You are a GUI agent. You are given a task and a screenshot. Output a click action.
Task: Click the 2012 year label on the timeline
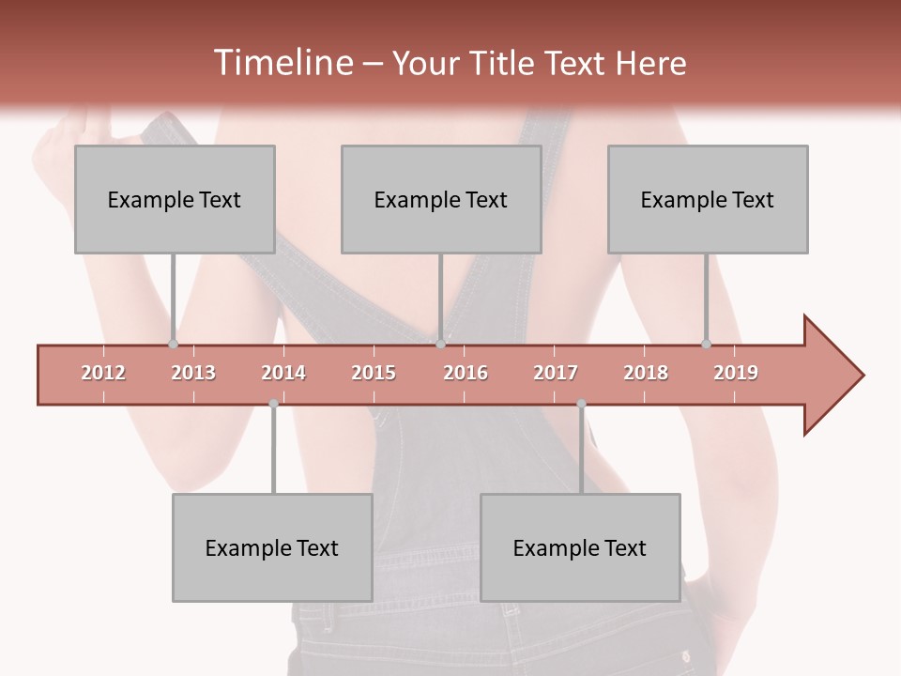coord(103,373)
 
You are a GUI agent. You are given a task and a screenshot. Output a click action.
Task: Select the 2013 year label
coord(193,373)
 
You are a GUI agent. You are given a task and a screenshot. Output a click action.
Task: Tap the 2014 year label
coord(283,373)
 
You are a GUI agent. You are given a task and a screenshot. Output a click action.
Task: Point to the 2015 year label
coord(374,373)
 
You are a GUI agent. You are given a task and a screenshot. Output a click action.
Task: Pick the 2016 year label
coord(466,373)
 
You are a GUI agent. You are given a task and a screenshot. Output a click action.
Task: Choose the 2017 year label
coord(556,373)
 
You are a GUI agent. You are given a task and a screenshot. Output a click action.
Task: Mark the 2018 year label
coord(646,373)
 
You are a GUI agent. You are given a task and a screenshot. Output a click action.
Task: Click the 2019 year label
coord(736,373)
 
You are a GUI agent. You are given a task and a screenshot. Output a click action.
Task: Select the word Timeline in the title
coord(282,63)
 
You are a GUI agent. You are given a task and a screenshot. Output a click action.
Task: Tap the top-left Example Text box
coord(175,199)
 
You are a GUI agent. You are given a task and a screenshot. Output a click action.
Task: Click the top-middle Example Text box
coord(441,199)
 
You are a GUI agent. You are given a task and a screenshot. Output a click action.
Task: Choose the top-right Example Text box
coord(708,199)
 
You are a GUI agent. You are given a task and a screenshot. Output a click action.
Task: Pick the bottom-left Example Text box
coord(272,547)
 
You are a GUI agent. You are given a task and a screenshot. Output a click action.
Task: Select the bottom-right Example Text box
coord(580,547)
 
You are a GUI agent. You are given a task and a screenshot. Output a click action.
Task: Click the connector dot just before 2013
coord(173,345)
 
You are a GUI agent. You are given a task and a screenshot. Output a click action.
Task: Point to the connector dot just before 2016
coord(440,345)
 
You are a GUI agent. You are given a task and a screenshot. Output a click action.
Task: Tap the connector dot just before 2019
coord(706,345)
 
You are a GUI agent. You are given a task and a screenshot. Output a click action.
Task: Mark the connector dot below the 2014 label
coord(273,404)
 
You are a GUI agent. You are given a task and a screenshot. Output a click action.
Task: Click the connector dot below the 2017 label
coord(581,404)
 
